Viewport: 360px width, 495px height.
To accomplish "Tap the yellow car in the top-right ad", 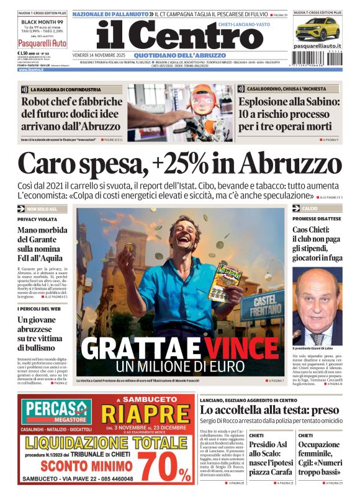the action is (317, 29).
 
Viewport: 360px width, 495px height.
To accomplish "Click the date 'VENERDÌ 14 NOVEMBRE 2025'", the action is (99, 55).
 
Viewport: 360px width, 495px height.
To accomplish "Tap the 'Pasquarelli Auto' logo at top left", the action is (42, 43).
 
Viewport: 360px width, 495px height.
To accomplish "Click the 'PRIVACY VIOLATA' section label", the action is (37, 220).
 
